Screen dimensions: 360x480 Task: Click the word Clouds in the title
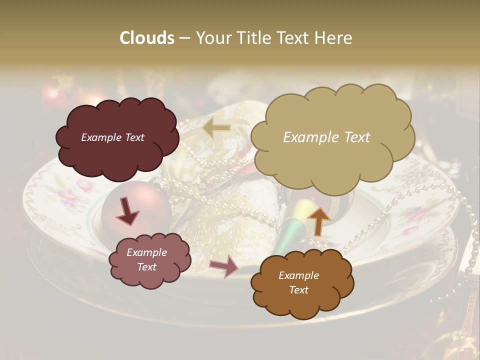click(146, 38)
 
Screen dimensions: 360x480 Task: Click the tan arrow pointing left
click(216, 128)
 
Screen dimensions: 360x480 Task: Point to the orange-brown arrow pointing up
click(318, 220)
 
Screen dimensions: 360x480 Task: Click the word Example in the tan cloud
click(308, 137)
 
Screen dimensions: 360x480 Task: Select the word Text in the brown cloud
click(299, 290)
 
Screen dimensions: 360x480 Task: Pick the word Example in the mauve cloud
click(146, 252)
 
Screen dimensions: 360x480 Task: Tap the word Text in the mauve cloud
click(146, 267)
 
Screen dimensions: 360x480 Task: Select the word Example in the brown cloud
click(298, 275)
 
